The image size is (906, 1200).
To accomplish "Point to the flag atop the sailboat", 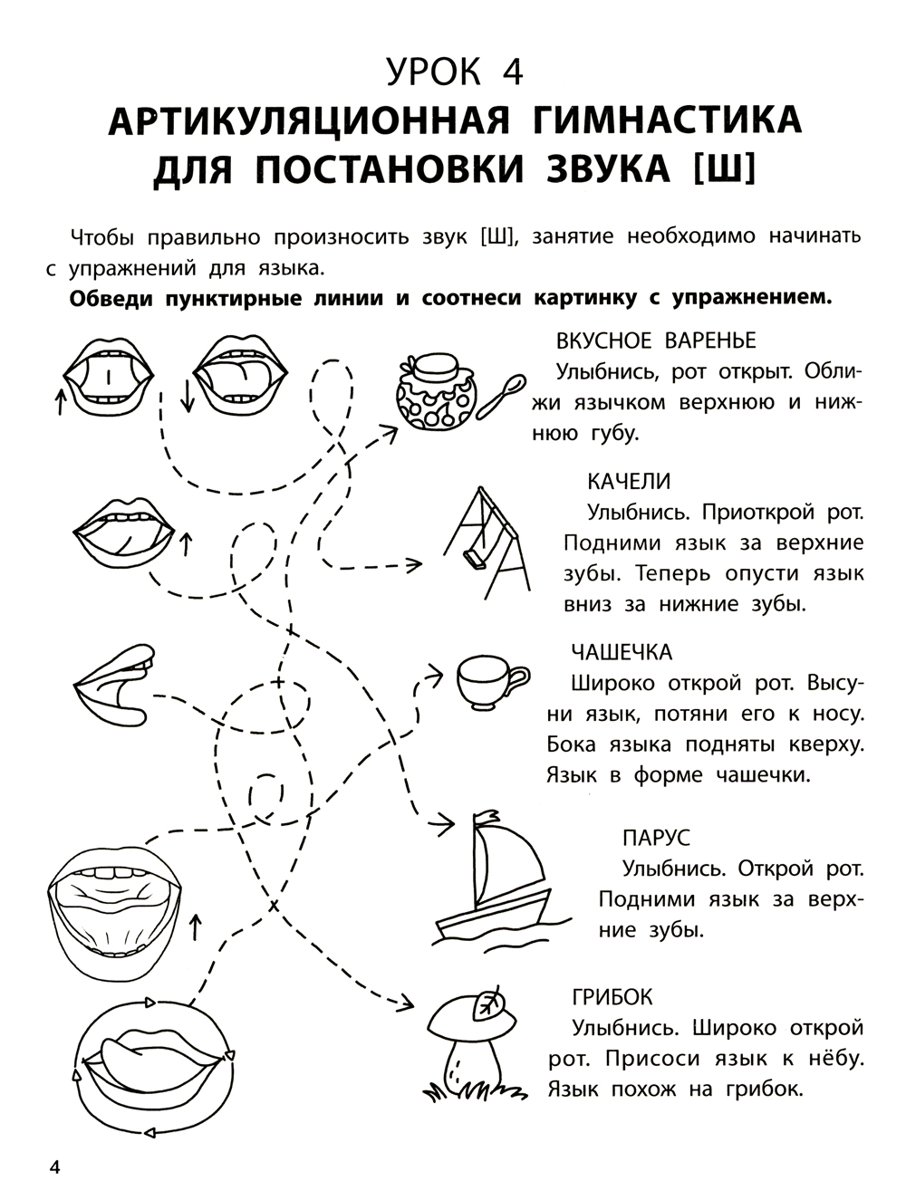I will [x=488, y=818].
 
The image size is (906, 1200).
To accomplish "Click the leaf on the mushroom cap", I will [x=492, y=1003].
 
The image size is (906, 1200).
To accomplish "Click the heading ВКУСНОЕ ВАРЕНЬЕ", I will [x=656, y=341].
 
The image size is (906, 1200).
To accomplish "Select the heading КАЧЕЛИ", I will [x=629, y=481].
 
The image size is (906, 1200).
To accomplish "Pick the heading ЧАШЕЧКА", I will [x=622, y=652].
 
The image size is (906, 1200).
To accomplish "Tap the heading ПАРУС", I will [x=657, y=838].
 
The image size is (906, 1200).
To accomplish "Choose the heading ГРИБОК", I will [x=612, y=997].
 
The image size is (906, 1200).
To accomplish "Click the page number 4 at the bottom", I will [x=54, y=1167].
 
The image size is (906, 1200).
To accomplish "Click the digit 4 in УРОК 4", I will [x=511, y=71].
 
